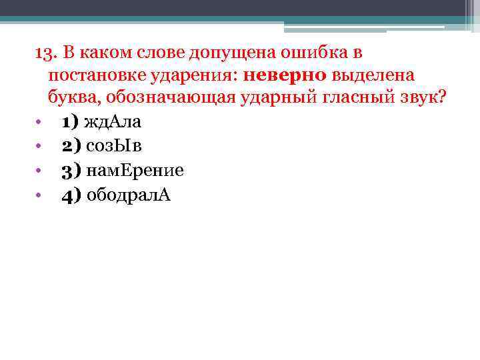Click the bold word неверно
click(286, 75)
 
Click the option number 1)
click(70, 123)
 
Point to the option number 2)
click(70, 147)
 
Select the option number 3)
click(70, 171)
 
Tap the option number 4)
click(70, 195)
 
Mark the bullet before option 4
click(39, 195)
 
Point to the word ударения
click(198, 75)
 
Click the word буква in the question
click(69, 98)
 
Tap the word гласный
click(356, 98)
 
